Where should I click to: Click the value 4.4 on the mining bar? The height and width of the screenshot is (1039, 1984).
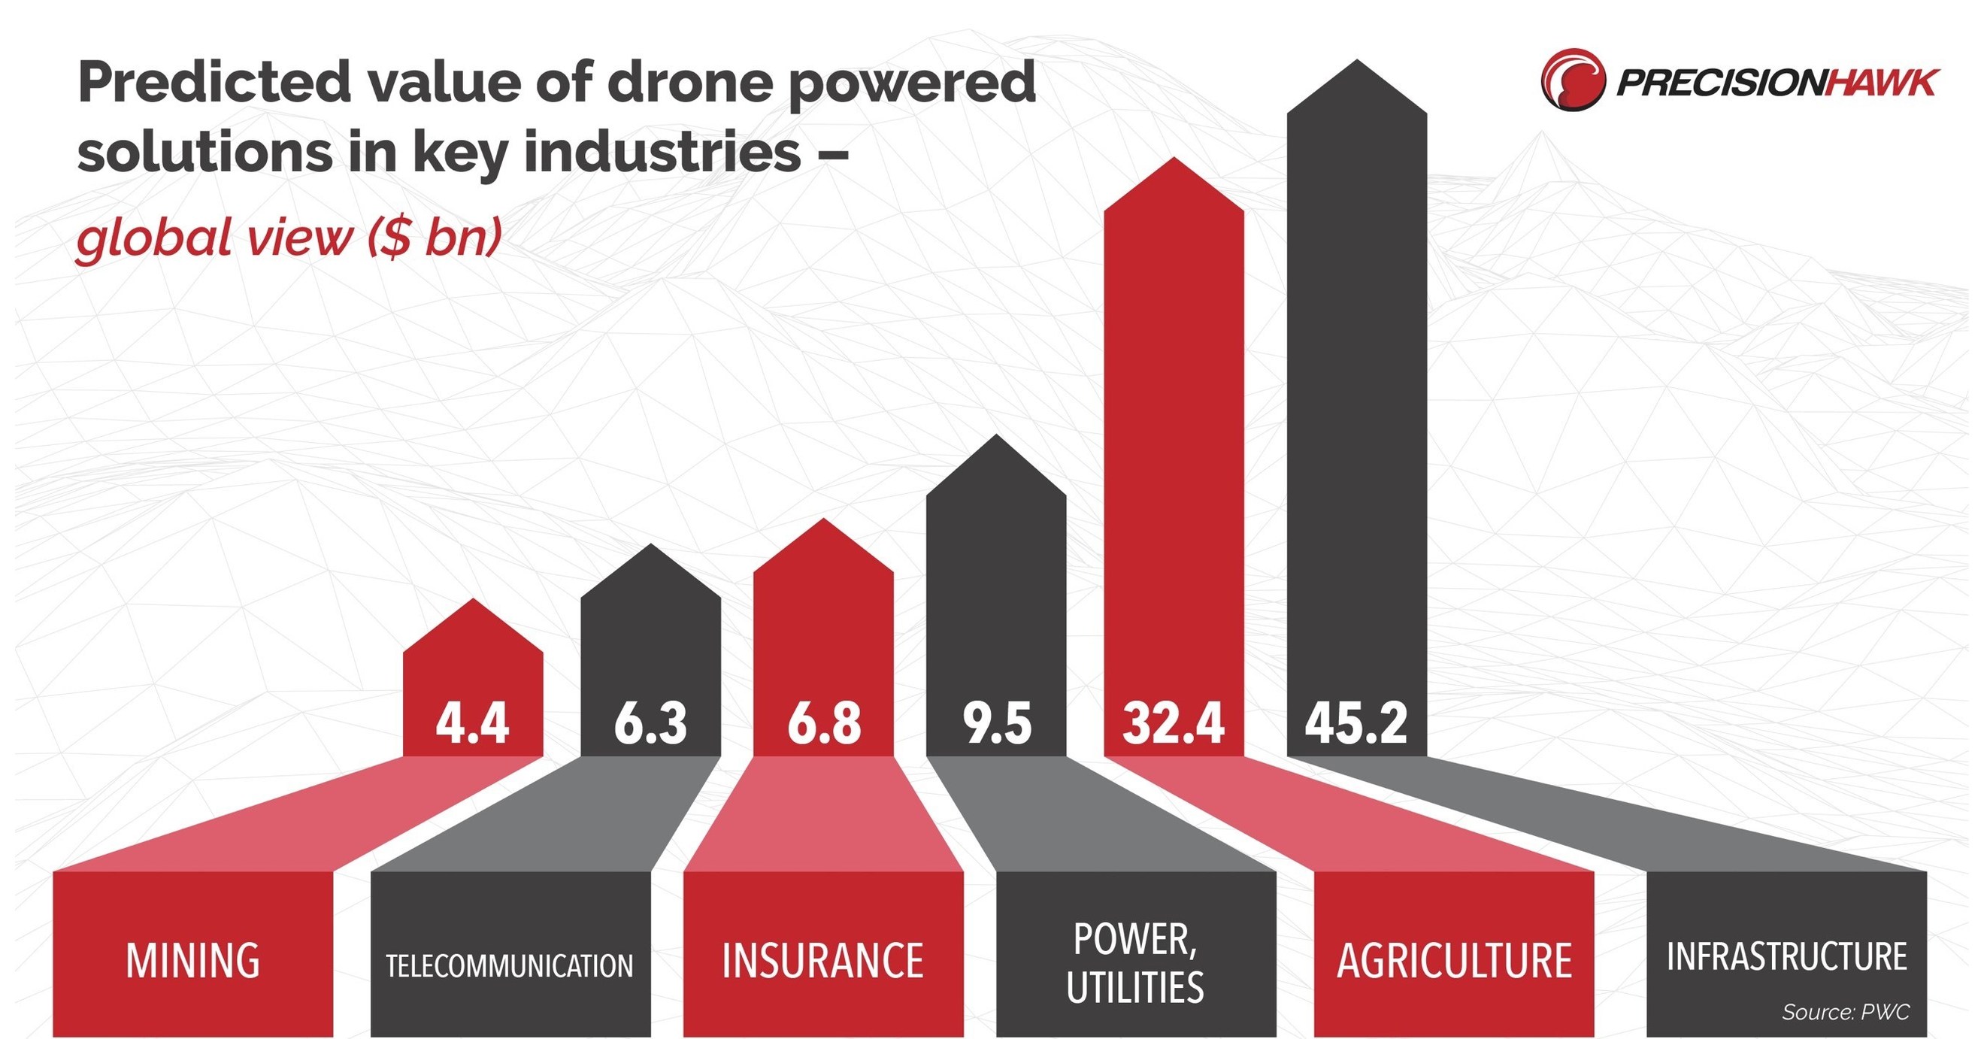pos(472,723)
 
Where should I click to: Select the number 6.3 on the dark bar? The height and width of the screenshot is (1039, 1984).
pos(650,723)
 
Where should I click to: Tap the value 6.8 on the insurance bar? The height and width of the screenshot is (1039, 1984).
pos(823,723)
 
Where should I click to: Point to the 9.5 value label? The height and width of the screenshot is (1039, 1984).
pos(997,723)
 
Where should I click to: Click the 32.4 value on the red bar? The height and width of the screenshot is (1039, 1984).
pos(1173,723)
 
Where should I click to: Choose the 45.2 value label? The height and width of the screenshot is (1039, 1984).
pos(1356,723)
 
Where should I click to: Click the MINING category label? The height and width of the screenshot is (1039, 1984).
pos(192,961)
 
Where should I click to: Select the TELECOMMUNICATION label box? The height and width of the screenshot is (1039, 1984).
pos(510,965)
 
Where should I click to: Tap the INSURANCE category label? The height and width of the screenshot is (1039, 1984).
pos(822,961)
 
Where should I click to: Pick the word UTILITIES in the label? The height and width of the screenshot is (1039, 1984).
pos(1135,987)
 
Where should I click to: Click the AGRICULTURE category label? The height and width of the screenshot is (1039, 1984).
pos(1454,961)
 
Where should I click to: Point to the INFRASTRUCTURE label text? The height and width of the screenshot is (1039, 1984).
pos(1787,956)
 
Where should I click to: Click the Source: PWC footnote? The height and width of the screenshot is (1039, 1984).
pos(1846,1012)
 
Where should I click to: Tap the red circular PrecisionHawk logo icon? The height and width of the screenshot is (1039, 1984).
pos(1573,80)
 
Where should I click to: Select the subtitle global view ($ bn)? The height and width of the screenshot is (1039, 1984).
pos(289,238)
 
